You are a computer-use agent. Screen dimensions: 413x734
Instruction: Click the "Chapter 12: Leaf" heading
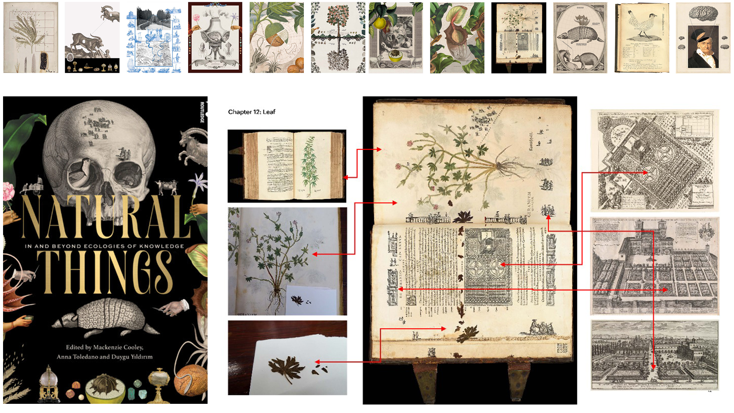click(252, 112)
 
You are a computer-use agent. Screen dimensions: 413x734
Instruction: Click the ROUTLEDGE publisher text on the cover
click(202, 112)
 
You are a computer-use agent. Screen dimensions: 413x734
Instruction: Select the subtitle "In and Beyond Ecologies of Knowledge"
click(104, 246)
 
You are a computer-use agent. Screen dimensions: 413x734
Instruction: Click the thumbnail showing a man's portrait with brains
click(703, 37)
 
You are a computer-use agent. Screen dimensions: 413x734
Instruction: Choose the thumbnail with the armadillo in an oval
click(580, 37)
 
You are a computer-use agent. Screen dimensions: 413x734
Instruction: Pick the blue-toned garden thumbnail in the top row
click(154, 37)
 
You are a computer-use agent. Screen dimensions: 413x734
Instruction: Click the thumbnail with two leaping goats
click(92, 37)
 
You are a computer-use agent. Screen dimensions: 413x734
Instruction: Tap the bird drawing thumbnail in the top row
click(642, 37)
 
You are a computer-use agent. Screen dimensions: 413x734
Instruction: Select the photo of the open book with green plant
click(287, 166)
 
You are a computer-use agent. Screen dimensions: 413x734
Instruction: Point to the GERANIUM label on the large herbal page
click(529, 205)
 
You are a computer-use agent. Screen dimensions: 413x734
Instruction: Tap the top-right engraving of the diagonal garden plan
click(654, 160)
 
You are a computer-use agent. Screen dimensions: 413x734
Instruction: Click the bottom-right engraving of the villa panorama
click(654, 355)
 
